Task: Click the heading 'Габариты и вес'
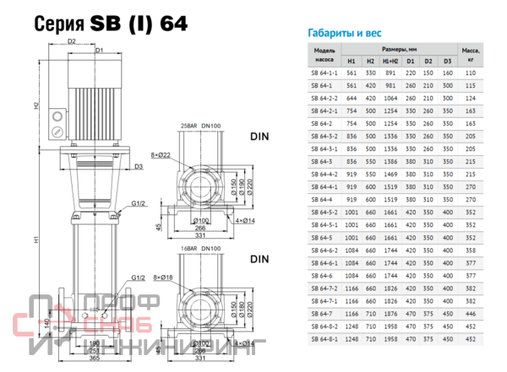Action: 341,35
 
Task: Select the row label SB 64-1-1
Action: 324,73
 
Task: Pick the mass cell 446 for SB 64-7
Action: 472,311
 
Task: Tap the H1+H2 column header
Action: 390,62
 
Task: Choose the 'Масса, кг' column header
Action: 472,56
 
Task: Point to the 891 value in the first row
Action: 390,73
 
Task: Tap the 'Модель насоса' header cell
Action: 324,56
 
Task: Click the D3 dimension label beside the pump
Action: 138,167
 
